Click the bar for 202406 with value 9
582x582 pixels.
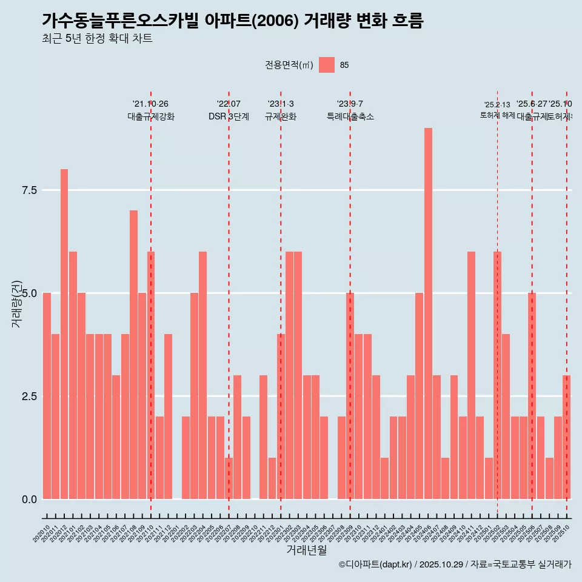coord(428,313)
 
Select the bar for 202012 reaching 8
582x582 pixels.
coord(64,334)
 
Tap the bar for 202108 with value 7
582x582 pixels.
coord(133,355)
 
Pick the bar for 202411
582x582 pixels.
coord(471,375)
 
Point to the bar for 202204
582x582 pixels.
coord(202,375)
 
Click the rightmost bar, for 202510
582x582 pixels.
coord(566,437)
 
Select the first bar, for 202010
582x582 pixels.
coord(47,396)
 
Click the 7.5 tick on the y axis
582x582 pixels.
coord(30,190)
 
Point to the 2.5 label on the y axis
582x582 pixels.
coord(30,396)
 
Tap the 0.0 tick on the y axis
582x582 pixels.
coord(30,500)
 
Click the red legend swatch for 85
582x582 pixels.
coord(327,65)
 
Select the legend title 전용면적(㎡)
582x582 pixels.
coord(289,65)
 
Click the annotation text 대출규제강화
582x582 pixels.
coord(151,117)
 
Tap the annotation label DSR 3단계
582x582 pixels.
coord(229,117)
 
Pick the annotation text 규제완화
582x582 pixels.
coord(281,117)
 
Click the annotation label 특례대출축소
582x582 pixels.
coord(350,117)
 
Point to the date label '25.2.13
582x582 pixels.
coord(497,105)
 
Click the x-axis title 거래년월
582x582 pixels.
coord(306,550)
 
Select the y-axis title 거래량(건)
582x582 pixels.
coord(17,304)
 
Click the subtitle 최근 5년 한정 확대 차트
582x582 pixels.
coord(97,39)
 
